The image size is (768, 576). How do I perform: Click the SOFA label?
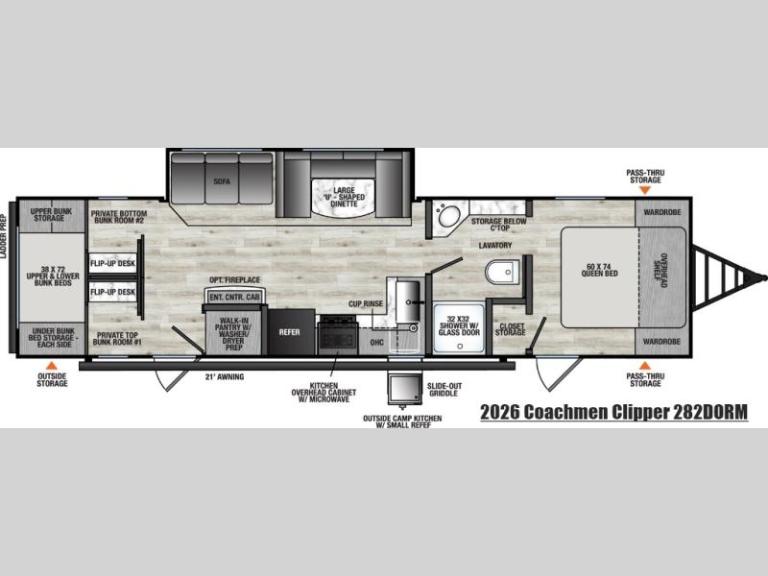point(222,181)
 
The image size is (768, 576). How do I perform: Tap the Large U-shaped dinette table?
point(344,197)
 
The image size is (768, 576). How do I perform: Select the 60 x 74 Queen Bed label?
point(599,270)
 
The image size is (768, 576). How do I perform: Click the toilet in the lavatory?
point(502,273)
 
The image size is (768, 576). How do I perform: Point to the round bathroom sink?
point(449,216)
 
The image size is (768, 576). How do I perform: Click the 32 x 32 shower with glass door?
point(459,326)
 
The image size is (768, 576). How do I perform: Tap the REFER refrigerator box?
point(291,331)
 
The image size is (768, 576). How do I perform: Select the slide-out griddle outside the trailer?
point(404,389)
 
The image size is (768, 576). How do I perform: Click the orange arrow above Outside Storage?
point(52,366)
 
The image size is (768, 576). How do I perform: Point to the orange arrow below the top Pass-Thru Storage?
point(645,189)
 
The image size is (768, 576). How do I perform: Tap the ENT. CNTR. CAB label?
point(234,298)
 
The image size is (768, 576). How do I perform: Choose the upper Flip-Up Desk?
point(112,263)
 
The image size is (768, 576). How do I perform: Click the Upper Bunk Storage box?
point(52,215)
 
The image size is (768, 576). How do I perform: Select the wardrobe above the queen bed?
point(662,212)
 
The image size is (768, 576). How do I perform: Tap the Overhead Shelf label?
point(661,271)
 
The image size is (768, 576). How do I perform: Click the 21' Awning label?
point(225,376)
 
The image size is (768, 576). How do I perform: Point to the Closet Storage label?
point(511,329)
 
